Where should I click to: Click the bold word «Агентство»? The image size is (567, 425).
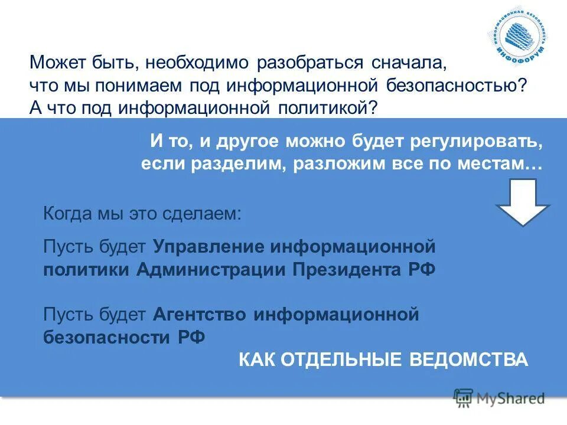201,314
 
